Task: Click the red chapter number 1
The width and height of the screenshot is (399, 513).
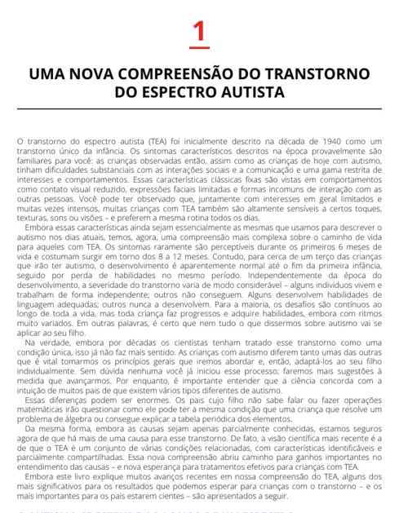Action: point(199,33)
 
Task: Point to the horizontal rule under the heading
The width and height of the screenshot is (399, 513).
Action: point(199,108)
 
